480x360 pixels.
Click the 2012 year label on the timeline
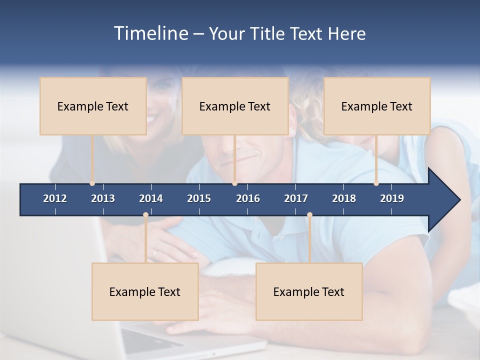click(x=55, y=198)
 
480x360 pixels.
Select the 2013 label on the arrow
click(x=103, y=198)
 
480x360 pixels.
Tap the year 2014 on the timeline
click(x=151, y=198)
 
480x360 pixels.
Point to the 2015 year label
click(x=199, y=198)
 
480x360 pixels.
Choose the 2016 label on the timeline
click(x=248, y=198)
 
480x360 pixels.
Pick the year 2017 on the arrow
click(x=296, y=198)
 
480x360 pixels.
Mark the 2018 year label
click(x=344, y=198)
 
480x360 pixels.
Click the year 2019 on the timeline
click(x=392, y=198)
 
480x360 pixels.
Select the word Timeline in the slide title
click(x=149, y=33)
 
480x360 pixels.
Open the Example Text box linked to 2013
click(x=93, y=106)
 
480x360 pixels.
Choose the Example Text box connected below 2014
click(x=145, y=291)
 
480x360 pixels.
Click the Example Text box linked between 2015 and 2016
click(x=235, y=106)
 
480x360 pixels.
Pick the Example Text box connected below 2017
click(x=309, y=291)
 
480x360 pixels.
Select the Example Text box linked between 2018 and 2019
click(x=377, y=106)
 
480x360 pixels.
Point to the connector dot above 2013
click(x=92, y=183)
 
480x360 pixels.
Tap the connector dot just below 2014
click(x=145, y=215)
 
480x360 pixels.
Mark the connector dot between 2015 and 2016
click(x=234, y=183)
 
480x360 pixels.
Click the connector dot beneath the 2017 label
click(x=309, y=215)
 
